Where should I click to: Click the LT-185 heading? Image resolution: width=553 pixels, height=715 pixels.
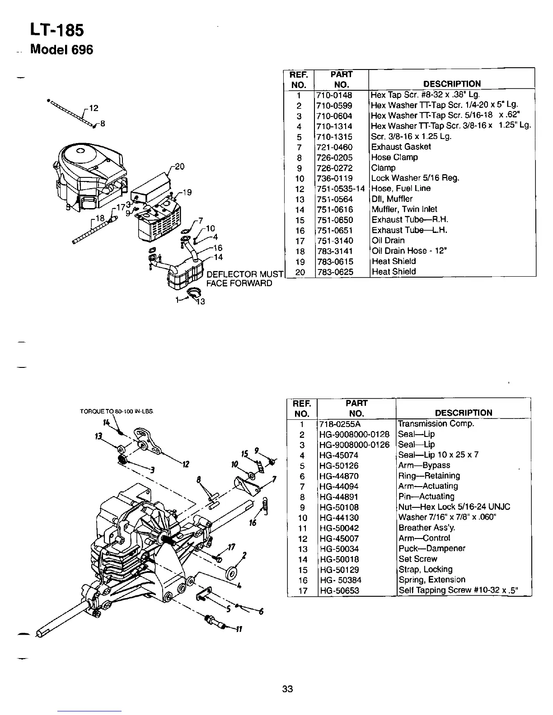click(x=56, y=30)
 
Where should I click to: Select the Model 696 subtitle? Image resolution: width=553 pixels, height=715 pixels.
click(x=61, y=49)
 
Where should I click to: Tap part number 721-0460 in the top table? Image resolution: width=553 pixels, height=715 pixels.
click(x=334, y=147)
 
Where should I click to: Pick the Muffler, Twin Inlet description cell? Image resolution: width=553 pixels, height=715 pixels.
click(x=404, y=209)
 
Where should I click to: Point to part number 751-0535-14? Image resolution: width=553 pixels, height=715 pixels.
click(x=340, y=189)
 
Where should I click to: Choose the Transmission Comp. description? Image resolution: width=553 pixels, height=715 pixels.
click(x=436, y=424)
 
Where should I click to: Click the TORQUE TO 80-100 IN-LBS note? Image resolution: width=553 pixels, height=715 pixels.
click(x=116, y=411)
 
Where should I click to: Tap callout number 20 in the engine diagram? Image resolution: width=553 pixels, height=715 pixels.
click(x=179, y=167)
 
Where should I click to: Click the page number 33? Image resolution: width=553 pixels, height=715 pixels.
click(x=287, y=689)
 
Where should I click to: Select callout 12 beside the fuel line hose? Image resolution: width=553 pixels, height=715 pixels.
click(x=94, y=108)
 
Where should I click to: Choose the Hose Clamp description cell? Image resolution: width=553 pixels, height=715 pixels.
click(x=394, y=158)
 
